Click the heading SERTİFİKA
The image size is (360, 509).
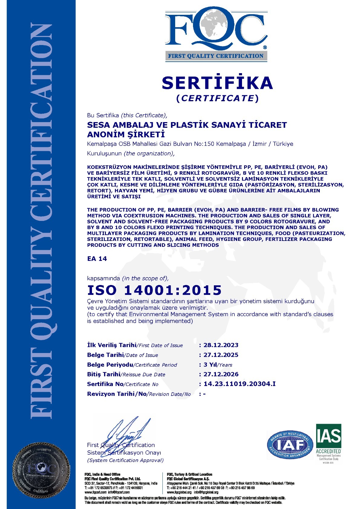pyautogui.click(x=217, y=83)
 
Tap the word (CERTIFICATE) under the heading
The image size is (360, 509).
pyautogui.click(x=217, y=98)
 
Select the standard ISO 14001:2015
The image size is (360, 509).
pyautogui.click(x=154, y=290)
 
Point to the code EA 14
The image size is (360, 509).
pyautogui.click(x=97, y=259)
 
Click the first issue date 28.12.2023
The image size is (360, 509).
pyautogui.click(x=221, y=345)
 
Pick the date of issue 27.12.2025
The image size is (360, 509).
pyautogui.click(x=221, y=355)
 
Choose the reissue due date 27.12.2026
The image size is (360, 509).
pyautogui.click(x=221, y=374)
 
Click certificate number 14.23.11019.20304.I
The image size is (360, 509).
pyautogui.click(x=240, y=384)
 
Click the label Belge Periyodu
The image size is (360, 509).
pyautogui.click(x=110, y=365)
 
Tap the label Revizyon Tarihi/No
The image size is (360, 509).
pyautogui.click(x=117, y=394)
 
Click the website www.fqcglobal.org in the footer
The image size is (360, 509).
pyautogui.click(x=179, y=492)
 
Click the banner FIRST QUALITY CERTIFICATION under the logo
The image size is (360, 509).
pyautogui.click(x=216, y=56)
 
